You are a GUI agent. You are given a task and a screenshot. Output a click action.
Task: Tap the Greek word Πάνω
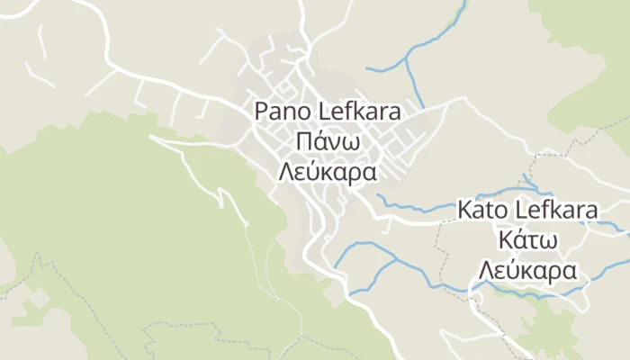[328, 141]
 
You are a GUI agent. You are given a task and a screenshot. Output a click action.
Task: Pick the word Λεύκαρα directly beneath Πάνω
[328, 172]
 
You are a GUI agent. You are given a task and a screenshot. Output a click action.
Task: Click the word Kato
[483, 211]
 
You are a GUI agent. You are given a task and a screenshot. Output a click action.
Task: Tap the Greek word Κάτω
[528, 241]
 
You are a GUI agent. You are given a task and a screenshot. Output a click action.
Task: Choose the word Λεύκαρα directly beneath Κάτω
[528, 272]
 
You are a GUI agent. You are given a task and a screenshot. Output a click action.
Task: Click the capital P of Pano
[262, 112]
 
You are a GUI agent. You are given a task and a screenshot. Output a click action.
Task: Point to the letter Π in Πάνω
[304, 141]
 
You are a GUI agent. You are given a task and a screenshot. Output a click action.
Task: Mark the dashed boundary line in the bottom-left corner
[36, 270]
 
